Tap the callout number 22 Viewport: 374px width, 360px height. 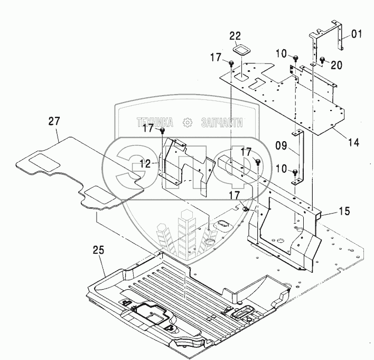coord(236,36)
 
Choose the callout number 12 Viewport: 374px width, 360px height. coord(146,164)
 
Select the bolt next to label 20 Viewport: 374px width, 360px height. coord(322,61)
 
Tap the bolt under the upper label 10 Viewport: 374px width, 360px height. coord(296,58)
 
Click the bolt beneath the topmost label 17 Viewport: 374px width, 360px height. coord(232,63)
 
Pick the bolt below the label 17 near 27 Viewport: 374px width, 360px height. coord(163,131)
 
